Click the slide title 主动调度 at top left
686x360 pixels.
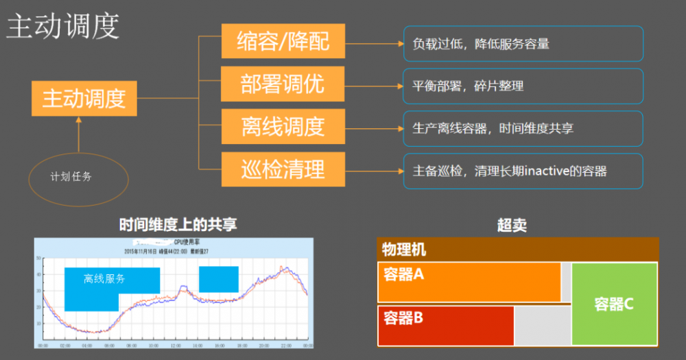click(x=63, y=27)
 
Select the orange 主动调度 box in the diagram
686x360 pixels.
click(x=84, y=99)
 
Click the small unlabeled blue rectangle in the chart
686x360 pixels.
click(x=219, y=279)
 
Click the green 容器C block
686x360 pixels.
click(x=614, y=304)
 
